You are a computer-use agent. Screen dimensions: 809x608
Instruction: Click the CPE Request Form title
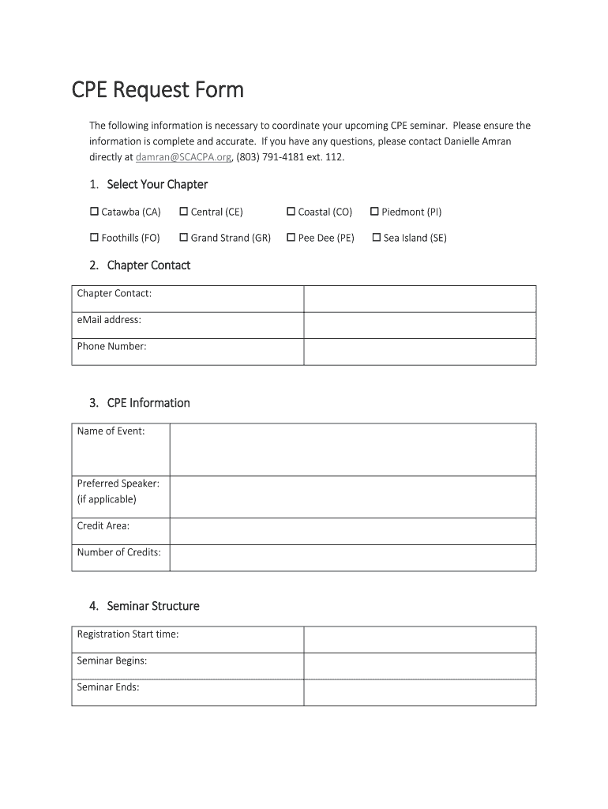158,90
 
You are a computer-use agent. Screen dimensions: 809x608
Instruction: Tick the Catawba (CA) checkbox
95,212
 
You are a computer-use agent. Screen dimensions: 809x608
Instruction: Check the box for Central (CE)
184,212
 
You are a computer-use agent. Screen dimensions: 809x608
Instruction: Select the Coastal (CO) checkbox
291,212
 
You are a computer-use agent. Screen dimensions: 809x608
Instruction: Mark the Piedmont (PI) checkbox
374,212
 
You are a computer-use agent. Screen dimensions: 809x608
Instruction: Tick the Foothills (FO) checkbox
95,237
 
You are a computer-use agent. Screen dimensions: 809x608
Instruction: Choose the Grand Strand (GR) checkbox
184,237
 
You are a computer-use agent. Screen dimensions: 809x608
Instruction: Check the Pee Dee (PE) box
291,237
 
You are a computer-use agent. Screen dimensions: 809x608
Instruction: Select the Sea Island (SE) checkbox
377,237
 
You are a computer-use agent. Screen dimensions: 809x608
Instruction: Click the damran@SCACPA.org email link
183,157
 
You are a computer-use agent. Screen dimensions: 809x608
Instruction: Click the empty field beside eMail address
419,325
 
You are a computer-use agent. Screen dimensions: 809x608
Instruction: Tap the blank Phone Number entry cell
419,352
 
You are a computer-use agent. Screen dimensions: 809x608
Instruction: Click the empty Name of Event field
352,450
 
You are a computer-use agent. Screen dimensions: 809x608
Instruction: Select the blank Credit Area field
352,531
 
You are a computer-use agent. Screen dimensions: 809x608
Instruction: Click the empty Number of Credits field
352,558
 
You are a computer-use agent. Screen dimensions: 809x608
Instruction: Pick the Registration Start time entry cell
419,639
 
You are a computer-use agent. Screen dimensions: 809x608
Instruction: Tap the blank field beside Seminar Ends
419,692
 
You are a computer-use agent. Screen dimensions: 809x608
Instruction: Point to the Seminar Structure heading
152,606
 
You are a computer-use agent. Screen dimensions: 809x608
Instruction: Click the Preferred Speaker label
118,483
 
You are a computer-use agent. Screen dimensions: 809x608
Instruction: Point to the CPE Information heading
148,403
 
